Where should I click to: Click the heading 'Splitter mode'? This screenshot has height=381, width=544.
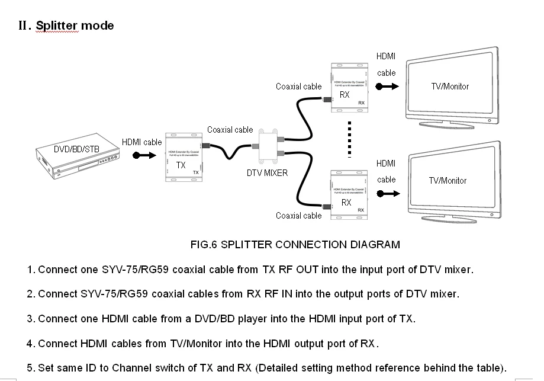pos(75,25)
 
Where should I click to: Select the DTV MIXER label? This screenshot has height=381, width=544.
pos(267,173)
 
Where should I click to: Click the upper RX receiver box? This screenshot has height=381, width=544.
pos(349,87)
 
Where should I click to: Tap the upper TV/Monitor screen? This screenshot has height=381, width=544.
pos(450,87)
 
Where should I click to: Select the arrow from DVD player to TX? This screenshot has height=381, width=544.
pos(144,156)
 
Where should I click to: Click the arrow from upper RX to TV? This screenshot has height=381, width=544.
pos(388,86)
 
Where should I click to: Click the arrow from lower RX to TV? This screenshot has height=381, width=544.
pos(388,193)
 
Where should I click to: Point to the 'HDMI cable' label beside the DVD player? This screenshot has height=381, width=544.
pos(141,142)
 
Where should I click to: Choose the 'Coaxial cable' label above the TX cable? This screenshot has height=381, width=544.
pos(230,130)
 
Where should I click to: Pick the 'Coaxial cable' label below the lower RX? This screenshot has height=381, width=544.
pos(298,216)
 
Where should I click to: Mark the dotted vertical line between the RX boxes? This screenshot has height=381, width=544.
pos(350,140)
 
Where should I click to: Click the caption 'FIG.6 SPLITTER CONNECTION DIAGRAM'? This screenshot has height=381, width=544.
pos(295,244)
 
